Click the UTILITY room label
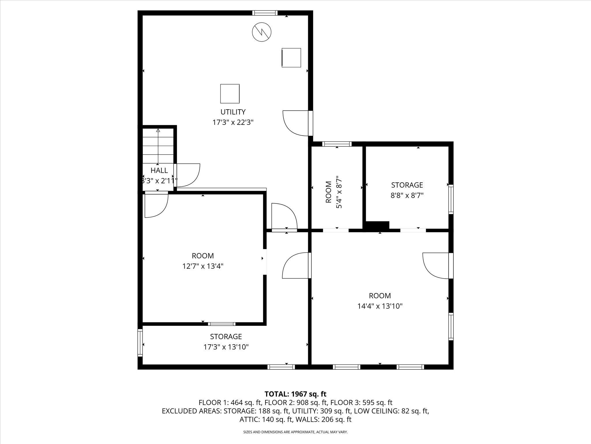233,112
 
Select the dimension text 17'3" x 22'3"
233,122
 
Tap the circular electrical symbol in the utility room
262,32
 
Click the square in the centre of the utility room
230,94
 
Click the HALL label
159,170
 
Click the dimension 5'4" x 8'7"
339,192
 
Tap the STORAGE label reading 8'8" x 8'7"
407,185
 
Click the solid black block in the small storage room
377,225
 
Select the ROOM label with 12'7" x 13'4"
203,256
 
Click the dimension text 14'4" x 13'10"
380,306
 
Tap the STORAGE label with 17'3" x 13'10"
226,336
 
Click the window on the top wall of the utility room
265,13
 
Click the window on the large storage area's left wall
140,343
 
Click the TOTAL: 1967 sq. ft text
295,394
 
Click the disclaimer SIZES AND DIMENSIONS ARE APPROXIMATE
295,432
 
